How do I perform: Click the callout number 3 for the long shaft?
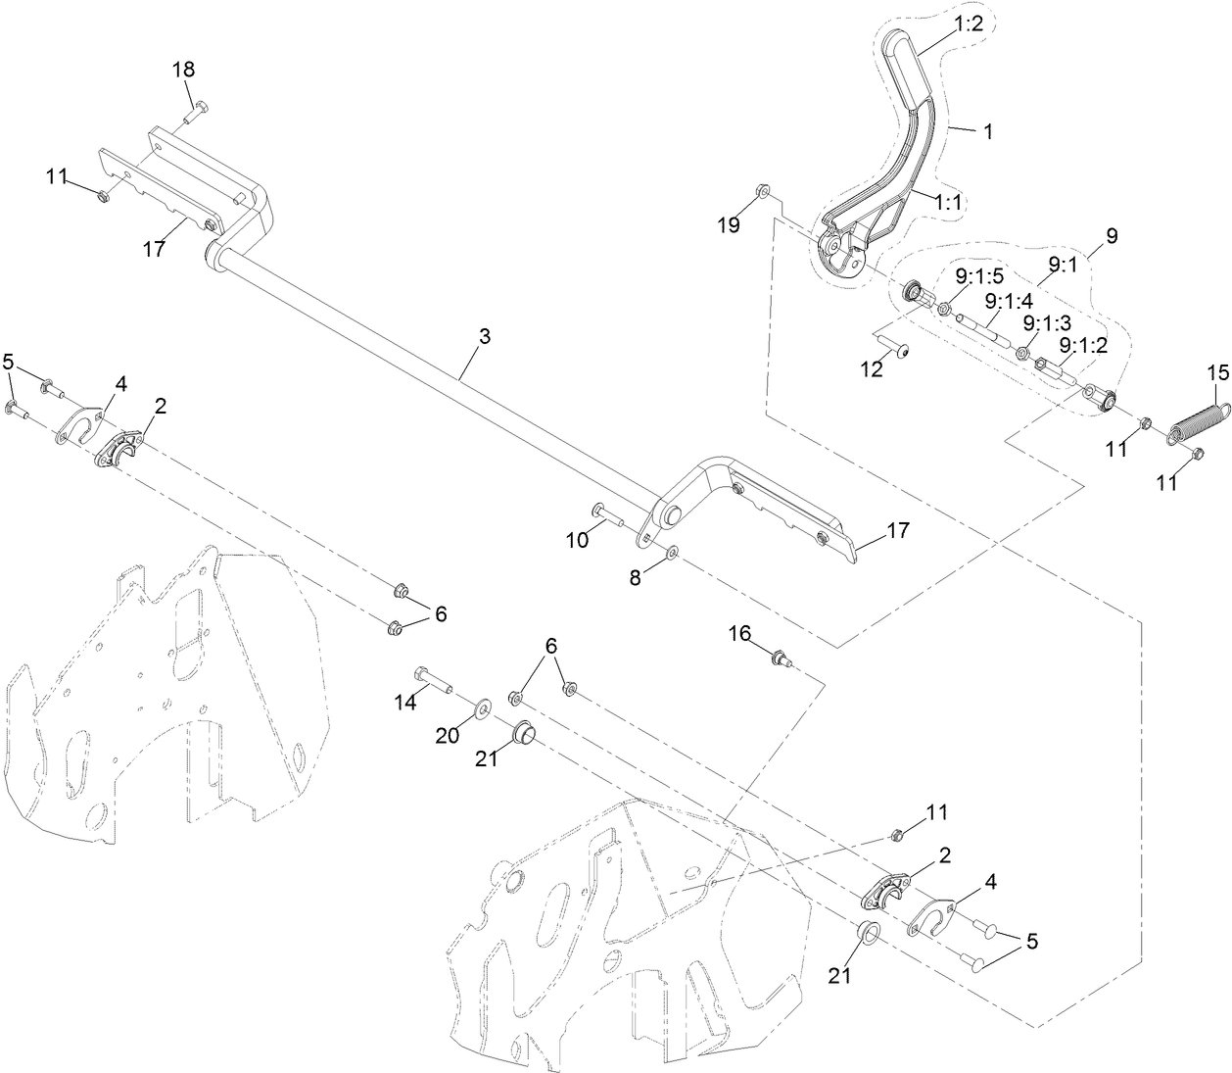click(x=484, y=336)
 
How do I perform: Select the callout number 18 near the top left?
click(x=183, y=70)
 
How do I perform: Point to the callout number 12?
click(x=872, y=368)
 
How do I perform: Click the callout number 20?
click(x=448, y=735)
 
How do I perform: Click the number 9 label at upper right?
click(x=1111, y=236)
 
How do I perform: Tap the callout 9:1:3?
click(x=1047, y=321)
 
